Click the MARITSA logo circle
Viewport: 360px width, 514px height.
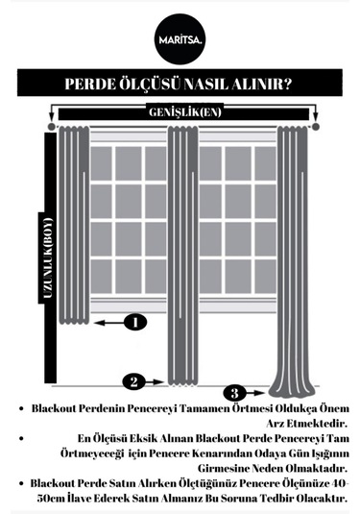click(x=180, y=39)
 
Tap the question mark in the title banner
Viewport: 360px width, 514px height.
click(x=286, y=84)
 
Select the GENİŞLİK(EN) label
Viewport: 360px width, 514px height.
click(x=185, y=112)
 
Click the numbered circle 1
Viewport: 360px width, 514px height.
click(x=135, y=322)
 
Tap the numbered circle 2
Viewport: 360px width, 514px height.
click(x=134, y=381)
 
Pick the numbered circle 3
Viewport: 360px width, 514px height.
click(x=234, y=393)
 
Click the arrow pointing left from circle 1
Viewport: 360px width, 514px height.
click(x=109, y=323)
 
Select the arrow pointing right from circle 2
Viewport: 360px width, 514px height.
click(x=155, y=381)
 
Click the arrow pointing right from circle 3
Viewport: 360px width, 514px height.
click(x=254, y=392)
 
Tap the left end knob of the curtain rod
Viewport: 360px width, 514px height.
click(x=51, y=127)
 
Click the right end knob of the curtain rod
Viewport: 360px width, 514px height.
click(x=316, y=127)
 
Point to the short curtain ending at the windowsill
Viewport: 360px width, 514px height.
click(x=74, y=225)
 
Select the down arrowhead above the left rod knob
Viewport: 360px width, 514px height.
click(x=51, y=117)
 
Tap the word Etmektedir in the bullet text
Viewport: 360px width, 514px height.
click(x=317, y=424)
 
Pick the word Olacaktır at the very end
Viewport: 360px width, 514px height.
click(x=322, y=499)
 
